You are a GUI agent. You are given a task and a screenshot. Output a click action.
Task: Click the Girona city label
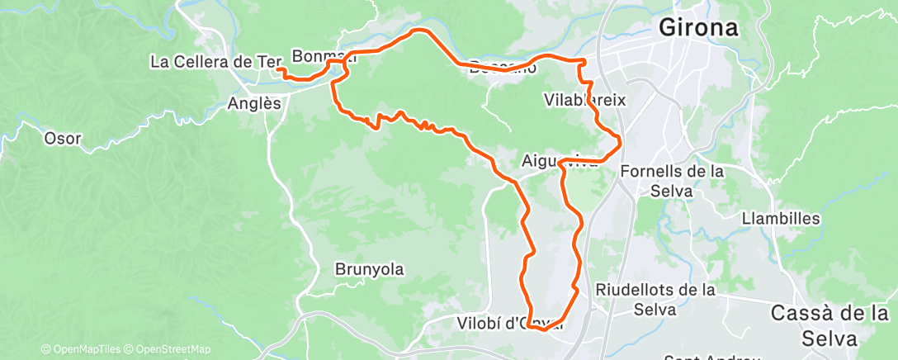[698, 29]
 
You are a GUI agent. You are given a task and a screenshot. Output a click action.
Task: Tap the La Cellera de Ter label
[216, 61]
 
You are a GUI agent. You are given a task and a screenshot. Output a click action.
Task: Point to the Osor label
[63, 139]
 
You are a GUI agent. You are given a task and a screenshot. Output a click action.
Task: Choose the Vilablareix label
[586, 100]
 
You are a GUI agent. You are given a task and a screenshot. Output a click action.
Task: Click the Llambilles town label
[781, 219]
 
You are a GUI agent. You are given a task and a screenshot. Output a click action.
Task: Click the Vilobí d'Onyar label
[509, 324]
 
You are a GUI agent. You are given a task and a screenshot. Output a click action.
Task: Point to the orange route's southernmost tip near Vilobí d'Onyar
[542, 329]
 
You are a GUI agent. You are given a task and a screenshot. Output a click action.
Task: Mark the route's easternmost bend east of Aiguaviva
[619, 139]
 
